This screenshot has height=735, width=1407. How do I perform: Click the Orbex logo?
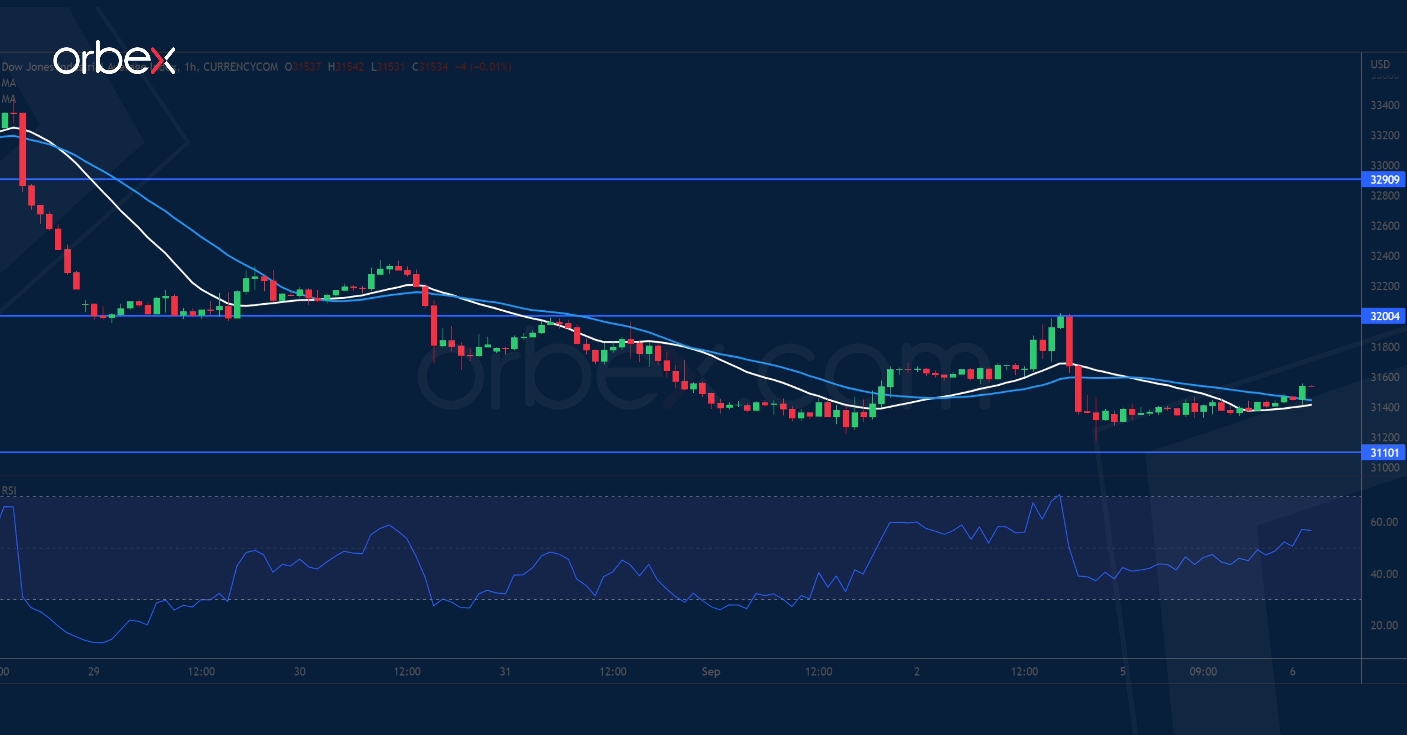(114, 58)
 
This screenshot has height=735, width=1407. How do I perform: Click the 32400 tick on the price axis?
(1385, 256)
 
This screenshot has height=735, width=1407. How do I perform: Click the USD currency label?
(1380, 64)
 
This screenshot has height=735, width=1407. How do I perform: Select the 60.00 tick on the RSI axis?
(1384, 522)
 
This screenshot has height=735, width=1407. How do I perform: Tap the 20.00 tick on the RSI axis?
(1384, 625)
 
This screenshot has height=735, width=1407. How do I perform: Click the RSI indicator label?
(9, 490)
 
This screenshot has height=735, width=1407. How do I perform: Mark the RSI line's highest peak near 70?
(1060, 495)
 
